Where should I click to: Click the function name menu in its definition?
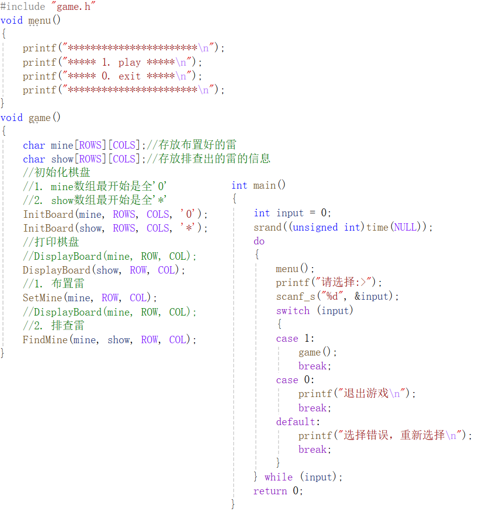click(x=40, y=21)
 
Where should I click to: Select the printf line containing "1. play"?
click(x=112, y=62)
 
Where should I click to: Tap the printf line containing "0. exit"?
click(x=112, y=76)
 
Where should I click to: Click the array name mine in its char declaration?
click(x=62, y=145)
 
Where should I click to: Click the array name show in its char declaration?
click(x=62, y=159)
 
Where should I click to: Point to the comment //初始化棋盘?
click(x=57, y=173)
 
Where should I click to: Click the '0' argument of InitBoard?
click(x=189, y=214)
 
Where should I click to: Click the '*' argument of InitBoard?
click(x=189, y=228)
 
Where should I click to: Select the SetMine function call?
click(x=42, y=298)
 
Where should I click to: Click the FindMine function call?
click(x=45, y=340)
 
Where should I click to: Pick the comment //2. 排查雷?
click(x=53, y=325)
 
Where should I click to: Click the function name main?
click(x=265, y=185)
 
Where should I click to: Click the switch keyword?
click(x=293, y=311)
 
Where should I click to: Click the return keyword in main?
click(x=270, y=491)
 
